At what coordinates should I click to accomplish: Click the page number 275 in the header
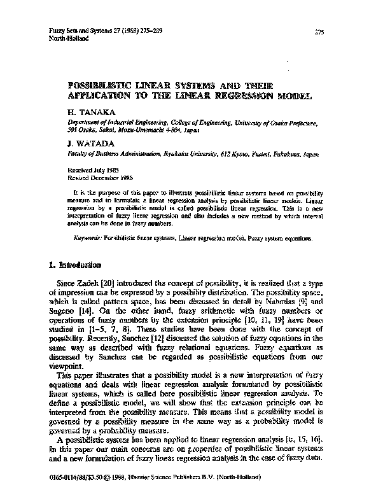320,32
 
